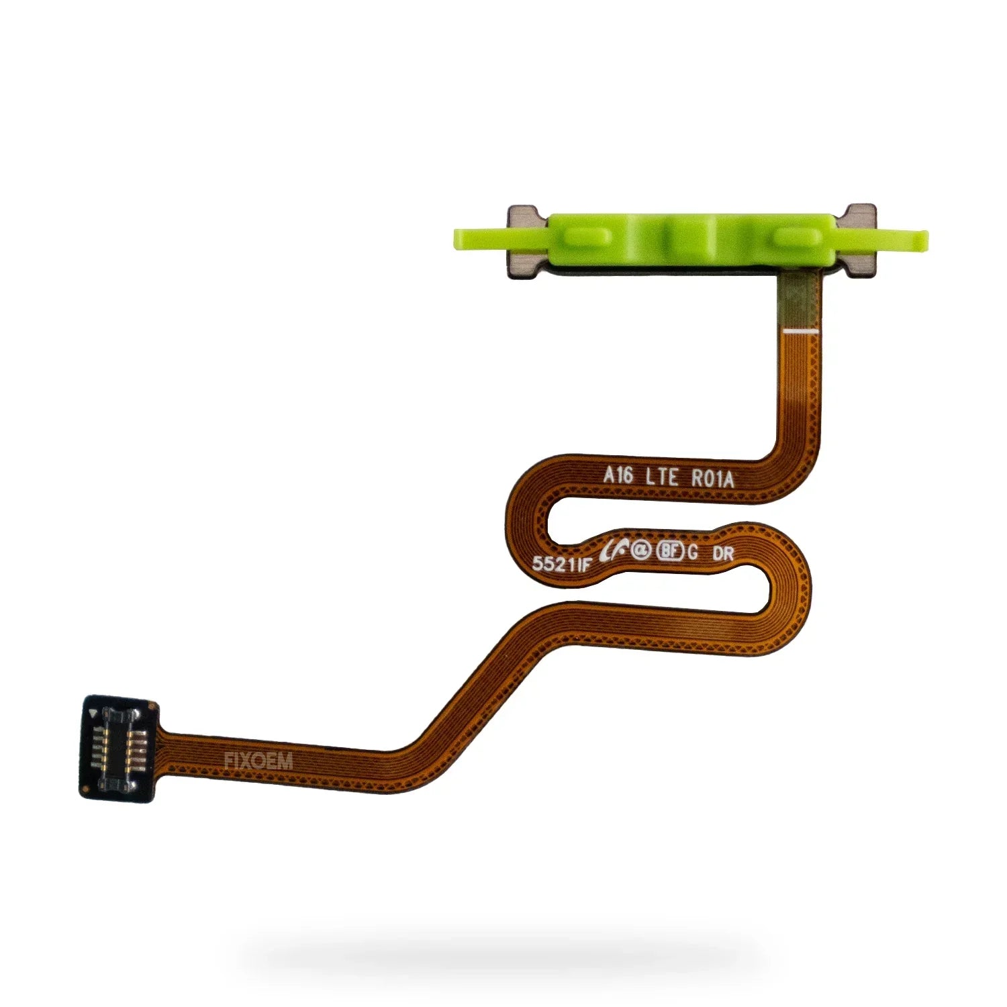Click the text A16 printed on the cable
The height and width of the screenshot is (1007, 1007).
tap(618, 475)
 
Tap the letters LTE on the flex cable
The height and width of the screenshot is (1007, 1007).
tap(661, 477)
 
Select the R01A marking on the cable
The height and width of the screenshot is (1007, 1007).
tap(713, 479)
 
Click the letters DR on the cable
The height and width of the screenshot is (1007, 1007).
tap(723, 554)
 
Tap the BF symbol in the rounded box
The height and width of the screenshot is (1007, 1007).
tap(670, 551)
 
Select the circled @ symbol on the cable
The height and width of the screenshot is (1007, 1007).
tap(641, 550)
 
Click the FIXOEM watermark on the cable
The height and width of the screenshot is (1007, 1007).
tap(258, 761)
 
